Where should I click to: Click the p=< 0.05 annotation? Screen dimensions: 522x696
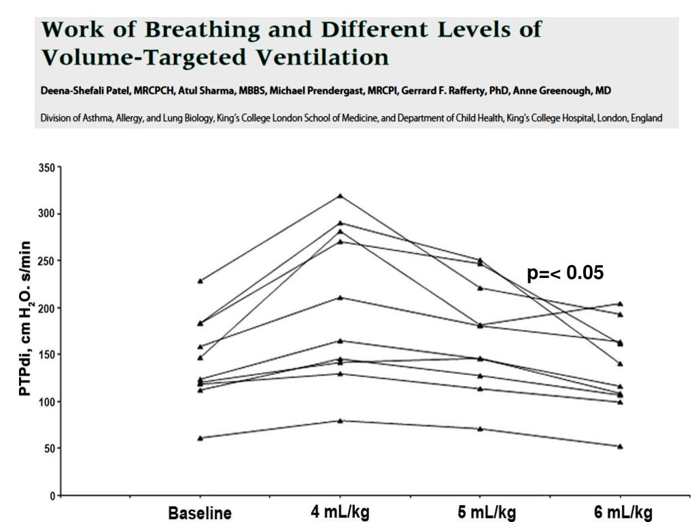565,273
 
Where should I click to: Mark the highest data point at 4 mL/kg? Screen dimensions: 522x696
340,196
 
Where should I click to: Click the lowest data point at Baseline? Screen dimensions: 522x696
200,438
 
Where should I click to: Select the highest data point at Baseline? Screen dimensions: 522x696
200,281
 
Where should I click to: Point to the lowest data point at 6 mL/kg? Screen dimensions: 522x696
620,446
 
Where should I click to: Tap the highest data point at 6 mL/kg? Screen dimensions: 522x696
620,304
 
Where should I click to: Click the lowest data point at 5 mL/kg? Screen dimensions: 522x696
480,429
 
